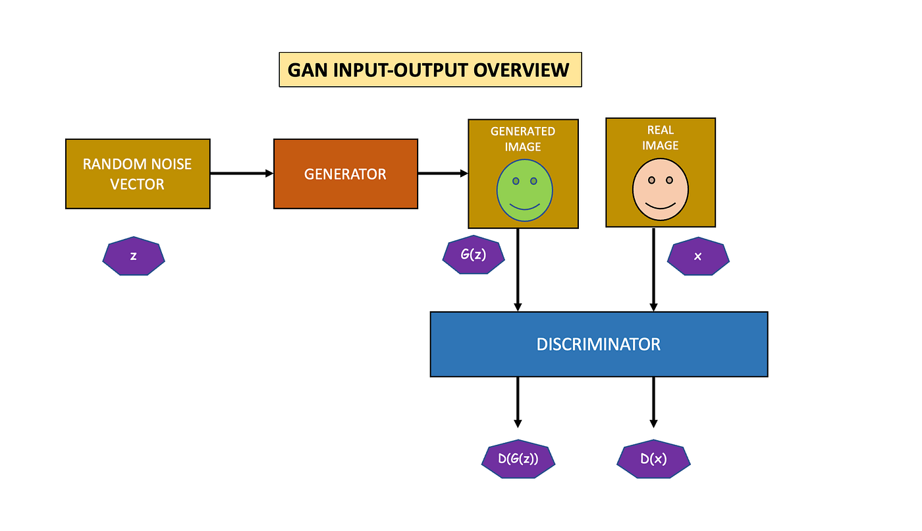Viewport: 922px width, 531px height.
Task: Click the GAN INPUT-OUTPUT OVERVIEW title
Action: [430, 70]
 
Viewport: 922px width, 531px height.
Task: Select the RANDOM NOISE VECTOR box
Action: [138, 174]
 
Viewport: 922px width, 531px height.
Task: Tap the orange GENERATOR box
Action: [345, 174]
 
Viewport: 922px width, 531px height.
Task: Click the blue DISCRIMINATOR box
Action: [598, 343]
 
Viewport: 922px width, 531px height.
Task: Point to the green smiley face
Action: [524, 191]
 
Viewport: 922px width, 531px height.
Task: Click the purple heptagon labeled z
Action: [134, 256]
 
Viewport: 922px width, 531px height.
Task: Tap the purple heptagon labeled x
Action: [698, 256]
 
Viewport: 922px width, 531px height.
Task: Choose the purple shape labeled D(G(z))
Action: [518, 459]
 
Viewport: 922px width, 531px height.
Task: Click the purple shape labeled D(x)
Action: [653, 459]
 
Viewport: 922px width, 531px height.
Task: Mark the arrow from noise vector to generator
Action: [241, 174]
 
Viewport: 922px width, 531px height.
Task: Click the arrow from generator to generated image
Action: [443, 174]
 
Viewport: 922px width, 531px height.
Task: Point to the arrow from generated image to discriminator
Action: [518, 270]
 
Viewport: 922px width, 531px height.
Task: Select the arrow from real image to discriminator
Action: [653, 270]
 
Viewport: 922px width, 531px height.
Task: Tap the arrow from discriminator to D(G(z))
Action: [518, 401]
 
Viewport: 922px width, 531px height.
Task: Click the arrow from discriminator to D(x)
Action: [653, 401]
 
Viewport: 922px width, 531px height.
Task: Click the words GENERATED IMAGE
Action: [523, 138]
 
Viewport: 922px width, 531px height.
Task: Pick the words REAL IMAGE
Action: [660, 138]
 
